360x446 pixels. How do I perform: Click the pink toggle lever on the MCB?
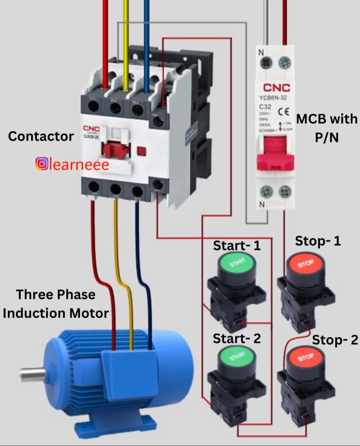275,155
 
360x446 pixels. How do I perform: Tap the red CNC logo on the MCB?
277,88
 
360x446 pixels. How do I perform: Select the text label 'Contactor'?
41,136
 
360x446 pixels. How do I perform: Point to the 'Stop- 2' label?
335,340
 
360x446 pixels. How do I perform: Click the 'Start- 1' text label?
237,246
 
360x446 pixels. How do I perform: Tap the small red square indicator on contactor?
142,151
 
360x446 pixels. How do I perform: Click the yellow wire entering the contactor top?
126,43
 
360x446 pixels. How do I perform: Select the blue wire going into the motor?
147,310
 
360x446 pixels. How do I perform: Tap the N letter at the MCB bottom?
262,204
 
